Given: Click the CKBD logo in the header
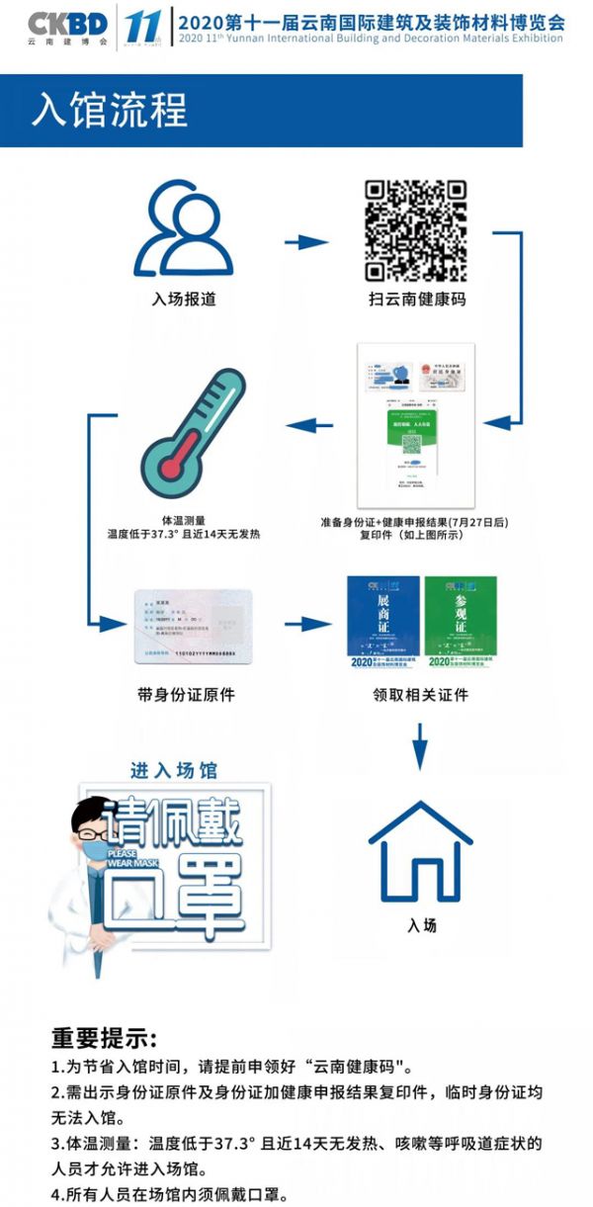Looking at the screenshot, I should (68, 23).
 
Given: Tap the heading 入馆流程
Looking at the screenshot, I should (110, 110).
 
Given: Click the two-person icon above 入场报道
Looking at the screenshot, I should (184, 231).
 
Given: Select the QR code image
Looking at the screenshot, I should (415, 230).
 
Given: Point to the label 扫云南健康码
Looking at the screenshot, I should (415, 298).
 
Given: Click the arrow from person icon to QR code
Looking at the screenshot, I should (305, 241).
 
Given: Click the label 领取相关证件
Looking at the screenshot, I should (421, 695).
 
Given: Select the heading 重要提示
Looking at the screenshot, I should (105, 1039).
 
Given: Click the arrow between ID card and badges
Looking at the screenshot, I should (307, 624).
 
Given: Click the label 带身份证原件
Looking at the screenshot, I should (187, 694).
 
